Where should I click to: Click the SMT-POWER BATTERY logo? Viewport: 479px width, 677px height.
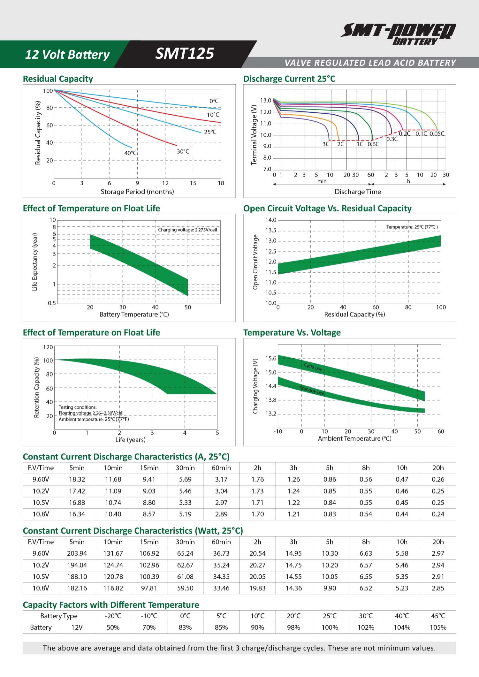coord(398,33)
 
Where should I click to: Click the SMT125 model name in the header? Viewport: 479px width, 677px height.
coord(185,53)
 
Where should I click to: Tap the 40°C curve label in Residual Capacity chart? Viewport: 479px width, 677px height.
coord(131,153)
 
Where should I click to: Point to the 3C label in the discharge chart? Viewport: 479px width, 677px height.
coord(326,144)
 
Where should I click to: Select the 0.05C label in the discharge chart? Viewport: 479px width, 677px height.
coord(437,133)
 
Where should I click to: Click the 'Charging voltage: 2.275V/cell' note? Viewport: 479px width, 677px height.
coord(187,230)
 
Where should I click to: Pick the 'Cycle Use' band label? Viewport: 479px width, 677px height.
coord(313,367)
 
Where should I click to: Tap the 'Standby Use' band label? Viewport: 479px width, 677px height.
coord(312,390)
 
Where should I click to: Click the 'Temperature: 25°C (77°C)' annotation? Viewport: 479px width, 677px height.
coord(412,227)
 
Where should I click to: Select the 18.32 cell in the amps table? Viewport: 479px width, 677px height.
coord(77,479)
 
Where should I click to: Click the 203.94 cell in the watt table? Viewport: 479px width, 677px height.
coord(77,553)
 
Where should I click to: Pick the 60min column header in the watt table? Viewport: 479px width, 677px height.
coord(221,542)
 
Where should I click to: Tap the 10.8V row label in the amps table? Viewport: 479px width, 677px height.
coord(41,514)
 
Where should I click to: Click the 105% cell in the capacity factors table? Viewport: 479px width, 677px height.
coord(438,628)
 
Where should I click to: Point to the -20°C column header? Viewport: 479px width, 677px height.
coord(113,616)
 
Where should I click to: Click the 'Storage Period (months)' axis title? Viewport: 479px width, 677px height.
coord(137,192)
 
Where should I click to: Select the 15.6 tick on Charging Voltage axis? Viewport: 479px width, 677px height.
coord(271,358)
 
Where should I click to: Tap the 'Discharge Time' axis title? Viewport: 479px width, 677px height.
coord(358,192)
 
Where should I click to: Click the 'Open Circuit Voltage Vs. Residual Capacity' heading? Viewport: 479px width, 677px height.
coord(327,209)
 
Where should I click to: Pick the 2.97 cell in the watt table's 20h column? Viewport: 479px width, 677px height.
coord(438,553)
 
